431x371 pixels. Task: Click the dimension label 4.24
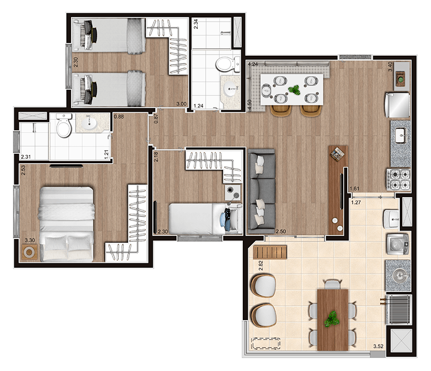253,64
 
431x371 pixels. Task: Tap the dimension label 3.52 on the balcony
378,346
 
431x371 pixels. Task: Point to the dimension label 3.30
30,240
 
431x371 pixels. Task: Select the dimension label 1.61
355,189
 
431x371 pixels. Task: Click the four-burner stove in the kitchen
399,180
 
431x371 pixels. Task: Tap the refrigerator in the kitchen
397,105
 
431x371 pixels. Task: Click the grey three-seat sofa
261,191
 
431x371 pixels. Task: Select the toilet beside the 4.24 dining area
227,64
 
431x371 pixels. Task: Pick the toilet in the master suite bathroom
64,126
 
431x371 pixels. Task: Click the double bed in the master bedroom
67,224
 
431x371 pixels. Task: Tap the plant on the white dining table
294,90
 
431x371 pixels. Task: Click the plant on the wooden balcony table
332,319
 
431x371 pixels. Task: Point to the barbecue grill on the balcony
398,310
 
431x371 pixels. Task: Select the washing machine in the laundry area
398,244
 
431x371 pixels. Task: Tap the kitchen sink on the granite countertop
401,136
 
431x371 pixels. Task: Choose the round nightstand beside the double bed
29,252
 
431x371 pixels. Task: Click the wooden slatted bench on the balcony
270,252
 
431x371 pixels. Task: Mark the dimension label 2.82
261,266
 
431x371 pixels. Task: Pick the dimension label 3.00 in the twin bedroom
181,104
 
